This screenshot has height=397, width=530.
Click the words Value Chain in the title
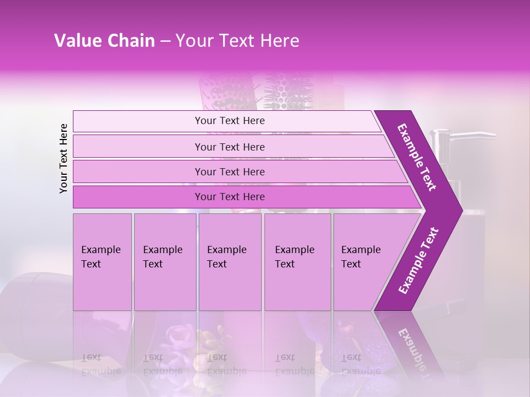[x=104, y=41]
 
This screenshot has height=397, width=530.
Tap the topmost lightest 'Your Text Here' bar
[x=229, y=121]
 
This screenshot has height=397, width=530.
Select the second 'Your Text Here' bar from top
[x=229, y=147]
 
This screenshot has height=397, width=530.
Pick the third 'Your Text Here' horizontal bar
[x=229, y=171]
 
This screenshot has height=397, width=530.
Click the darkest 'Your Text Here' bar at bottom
[x=229, y=197]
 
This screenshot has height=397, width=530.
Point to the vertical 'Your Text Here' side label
[x=63, y=158]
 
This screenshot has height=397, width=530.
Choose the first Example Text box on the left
[x=102, y=262]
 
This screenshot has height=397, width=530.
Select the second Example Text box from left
[x=165, y=262]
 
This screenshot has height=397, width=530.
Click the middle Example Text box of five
[x=230, y=262]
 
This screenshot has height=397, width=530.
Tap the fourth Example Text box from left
[x=297, y=262]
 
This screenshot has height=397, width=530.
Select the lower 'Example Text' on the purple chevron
[x=418, y=260]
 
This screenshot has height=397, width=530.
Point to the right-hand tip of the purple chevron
[x=460, y=210]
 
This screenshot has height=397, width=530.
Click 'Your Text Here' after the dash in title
[x=237, y=41]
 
